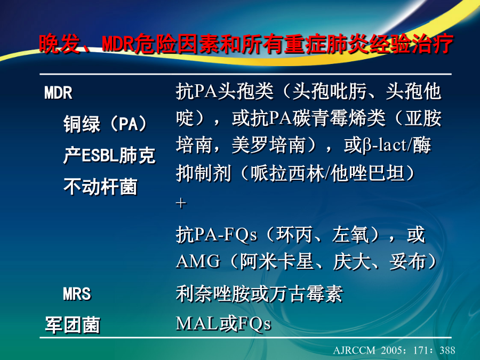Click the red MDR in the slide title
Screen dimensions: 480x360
tap(118, 44)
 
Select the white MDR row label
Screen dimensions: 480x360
tap(58, 92)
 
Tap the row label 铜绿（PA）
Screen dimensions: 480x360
tap(105, 124)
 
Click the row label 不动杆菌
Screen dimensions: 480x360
tap(100, 187)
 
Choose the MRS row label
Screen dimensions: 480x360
tap(77, 294)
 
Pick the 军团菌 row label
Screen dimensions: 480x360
tap(73, 325)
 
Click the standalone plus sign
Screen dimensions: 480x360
tap(181, 203)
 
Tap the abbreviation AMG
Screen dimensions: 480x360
tap(198, 261)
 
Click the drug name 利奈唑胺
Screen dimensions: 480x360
tap(213, 293)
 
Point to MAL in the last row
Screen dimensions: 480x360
tap(197, 323)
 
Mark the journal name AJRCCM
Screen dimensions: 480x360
tap(354, 350)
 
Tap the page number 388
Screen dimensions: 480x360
tap(447, 350)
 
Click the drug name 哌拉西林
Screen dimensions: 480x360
tap(287, 173)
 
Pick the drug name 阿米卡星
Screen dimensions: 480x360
tap(277, 261)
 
